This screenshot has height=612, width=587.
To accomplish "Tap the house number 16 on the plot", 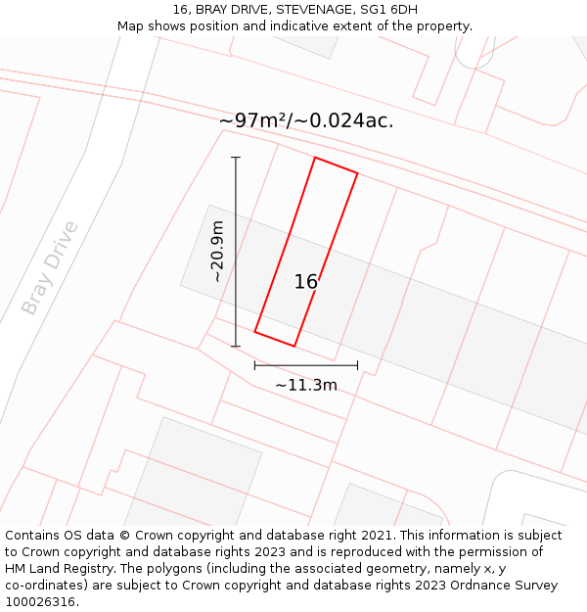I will click(306, 282).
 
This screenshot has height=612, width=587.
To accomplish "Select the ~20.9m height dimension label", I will click(216, 252).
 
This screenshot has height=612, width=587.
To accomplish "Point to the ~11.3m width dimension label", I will click(305, 385).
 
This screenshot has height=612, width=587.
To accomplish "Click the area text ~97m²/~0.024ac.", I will click(305, 120).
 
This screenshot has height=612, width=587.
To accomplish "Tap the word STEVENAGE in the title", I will click(310, 10).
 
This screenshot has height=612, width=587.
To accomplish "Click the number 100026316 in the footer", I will click(41, 601).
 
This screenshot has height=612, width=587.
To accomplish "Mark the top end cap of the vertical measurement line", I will click(236, 157).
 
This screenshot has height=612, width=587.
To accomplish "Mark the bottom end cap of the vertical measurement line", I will click(236, 346).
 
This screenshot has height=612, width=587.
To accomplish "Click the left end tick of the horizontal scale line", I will click(254, 365).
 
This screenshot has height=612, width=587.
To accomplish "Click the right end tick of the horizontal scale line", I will click(357, 365).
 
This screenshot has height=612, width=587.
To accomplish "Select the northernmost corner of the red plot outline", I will click(315, 157).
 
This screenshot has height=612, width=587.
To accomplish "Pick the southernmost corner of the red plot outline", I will click(294, 346).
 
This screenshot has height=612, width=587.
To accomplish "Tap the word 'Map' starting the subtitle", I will click(131, 25).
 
